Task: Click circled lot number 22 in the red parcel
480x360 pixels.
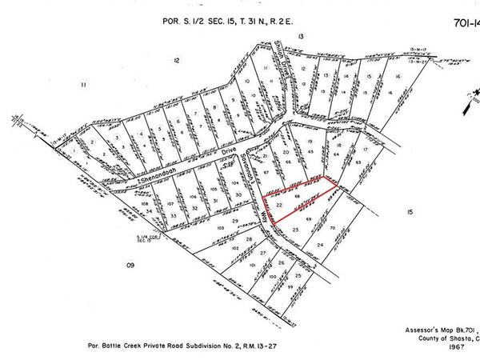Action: pos(278,205)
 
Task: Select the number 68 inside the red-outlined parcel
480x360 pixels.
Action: pos(297,195)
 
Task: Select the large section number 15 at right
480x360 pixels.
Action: pos(409,212)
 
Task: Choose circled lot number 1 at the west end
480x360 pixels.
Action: pos(76,148)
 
